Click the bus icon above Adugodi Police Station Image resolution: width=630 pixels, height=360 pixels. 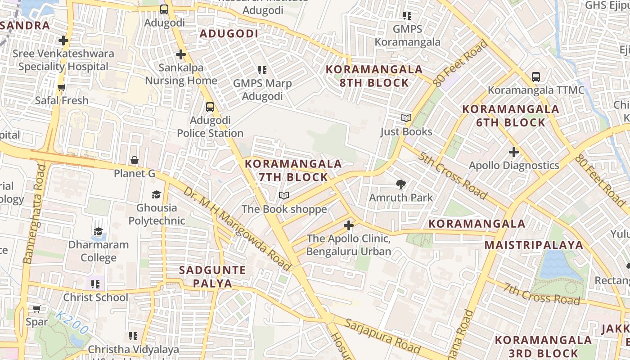pyautogui.click(x=210, y=107)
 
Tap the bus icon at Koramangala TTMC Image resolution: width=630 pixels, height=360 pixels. pyautogui.click(x=535, y=77)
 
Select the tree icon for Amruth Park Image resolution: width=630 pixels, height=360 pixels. pyautogui.click(x=400, y=184)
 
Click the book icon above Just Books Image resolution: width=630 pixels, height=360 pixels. pyautogui.click(x=406, y=118)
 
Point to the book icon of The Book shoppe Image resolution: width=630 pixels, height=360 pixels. pyautogui.click(x=283, y=196)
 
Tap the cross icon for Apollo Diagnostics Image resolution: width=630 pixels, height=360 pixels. pyautogui.click(x=514, y=152)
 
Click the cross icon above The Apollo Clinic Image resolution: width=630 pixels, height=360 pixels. pyautogui.click(x=348, y=225)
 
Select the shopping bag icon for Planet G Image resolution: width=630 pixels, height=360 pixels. pyautogui.click(x=134, y=160)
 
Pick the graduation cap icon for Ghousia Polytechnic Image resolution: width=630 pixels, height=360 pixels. pyautogui.click(x=156, y=194)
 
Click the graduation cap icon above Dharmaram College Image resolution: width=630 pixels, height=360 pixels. pyautogui.click(x=98, y=232)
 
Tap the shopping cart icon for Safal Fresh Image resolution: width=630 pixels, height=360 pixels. pyautogui.click(x=62, y=87)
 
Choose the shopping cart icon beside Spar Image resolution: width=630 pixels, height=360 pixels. pyautogui.click(x=36, y=309)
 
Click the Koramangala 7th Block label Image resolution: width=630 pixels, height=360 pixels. pyautogui.click(x=293, y=171)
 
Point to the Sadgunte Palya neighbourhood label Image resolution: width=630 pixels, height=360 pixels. pyautogui.click(x=212, y=277)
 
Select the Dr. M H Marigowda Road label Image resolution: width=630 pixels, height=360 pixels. pyautogui.click(x=237, y=229)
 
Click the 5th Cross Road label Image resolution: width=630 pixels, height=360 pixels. pyautogui.click(x=453, y=175)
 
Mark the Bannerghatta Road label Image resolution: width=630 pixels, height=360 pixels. pyautogui.click(x=35, y=214)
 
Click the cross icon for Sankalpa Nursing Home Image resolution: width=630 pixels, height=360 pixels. pyautogui.click(x=180, y=54)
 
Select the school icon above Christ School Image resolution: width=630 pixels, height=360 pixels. pyautogui.click(x=95, y=284)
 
